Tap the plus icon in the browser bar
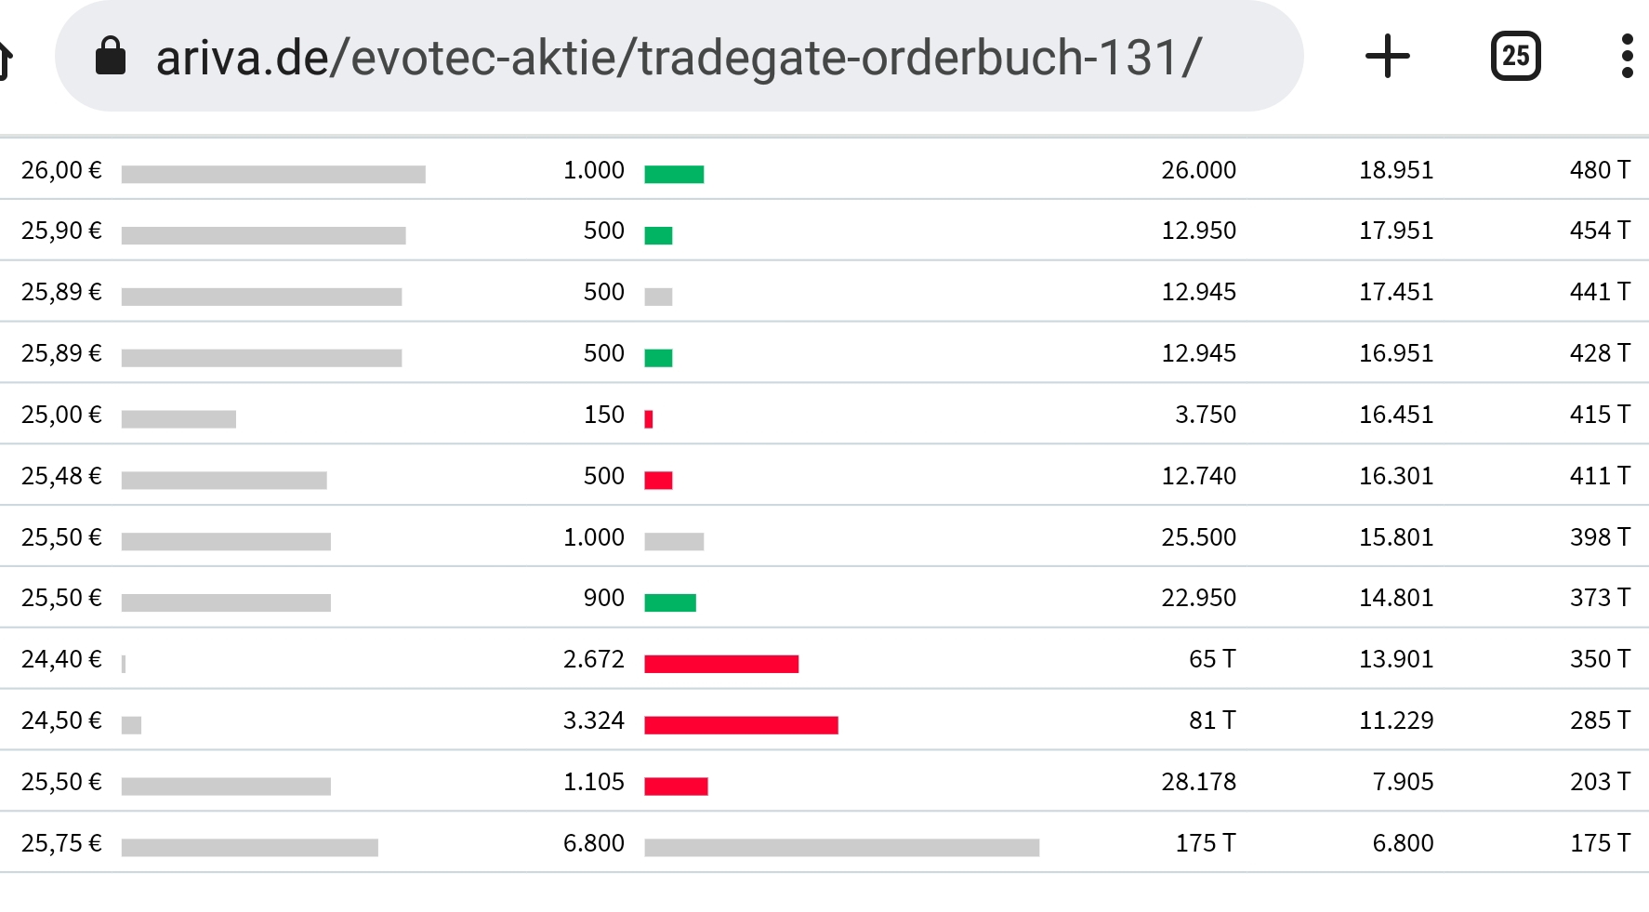(1387, 57)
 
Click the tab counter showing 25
(1515, 57)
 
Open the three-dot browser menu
(1627, 57)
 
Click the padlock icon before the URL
(111, 56)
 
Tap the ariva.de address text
(678, 58)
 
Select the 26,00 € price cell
(61, 170)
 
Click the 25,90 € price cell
(61, 231)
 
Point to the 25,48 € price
(61, 476)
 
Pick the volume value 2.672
(593, 659)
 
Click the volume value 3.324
(593, 720)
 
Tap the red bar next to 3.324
(741, 725)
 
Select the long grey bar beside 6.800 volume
(841, 847)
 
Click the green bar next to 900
(670, 602)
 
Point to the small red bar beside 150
(649, 419)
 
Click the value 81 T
(1211, 720)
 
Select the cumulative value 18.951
(1395, 170)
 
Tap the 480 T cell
(1599, 170)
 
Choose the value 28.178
(1198, 782)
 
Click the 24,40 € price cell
(61, 659)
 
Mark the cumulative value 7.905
(1402, 782)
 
